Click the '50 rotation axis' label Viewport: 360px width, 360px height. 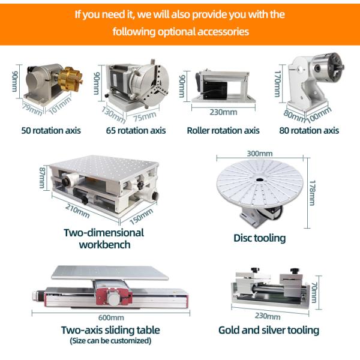point(50,130)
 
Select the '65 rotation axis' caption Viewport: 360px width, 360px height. point(136,130)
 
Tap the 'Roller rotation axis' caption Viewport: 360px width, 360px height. point(223,130)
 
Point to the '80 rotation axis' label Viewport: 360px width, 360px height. point(309,130)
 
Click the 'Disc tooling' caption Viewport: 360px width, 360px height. point(259,238)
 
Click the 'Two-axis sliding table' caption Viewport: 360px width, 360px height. point(110,330)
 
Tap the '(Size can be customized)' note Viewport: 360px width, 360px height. point(110,341)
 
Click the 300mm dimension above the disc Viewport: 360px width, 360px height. point(259,154)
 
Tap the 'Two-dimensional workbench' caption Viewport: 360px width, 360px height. point(104,238)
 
